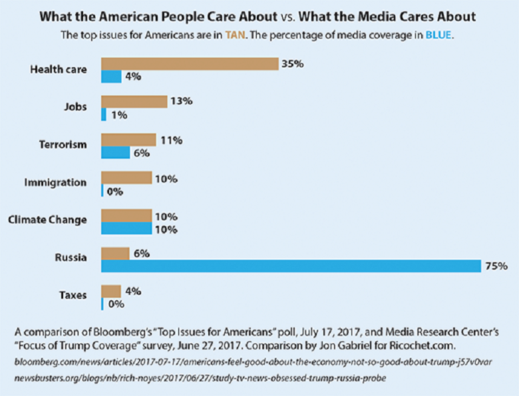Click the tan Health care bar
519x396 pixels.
coord(190,64)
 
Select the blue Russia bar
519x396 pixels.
coord(291,266)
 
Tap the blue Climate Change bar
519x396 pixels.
coord(126,228)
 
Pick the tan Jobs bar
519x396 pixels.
coord(134,102)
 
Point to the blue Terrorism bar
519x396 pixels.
coord(116,152)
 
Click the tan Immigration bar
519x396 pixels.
coord(126,178)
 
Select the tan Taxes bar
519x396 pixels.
coord(111,292)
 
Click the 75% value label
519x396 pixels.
coord(496,266)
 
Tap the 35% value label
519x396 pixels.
coord(293,64)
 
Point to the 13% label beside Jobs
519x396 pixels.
coord(182,101)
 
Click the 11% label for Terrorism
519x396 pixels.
coord(172,140)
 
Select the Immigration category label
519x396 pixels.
coord(55,183)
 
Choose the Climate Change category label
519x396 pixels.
coord(47,220)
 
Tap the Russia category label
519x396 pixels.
coord(71,258)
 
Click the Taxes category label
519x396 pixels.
coord(73,295)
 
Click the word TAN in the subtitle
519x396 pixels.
coord(236,35)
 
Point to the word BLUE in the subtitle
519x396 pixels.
coord(438,35)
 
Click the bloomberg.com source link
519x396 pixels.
coord(253,362)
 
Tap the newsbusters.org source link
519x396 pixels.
coord(200,378)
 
